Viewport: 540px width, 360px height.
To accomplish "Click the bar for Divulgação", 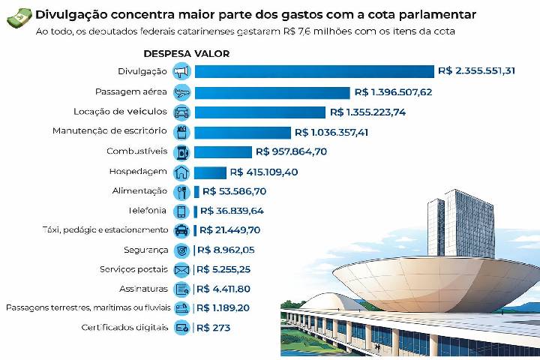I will pos(313,71).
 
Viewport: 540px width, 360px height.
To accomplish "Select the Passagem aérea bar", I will pos(271,92).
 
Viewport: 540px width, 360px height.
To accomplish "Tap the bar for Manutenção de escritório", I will pos(241,132).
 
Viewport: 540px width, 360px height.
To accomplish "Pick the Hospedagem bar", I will pos(210,172).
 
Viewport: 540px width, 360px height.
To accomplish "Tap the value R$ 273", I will pos(213,328).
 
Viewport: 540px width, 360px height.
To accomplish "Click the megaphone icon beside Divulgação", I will pos(181,72).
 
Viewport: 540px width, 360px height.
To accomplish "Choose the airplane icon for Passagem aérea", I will pos(181,92).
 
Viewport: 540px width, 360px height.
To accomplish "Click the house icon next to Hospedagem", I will pos(181,172).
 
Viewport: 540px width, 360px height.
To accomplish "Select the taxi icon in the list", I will pos(181,230).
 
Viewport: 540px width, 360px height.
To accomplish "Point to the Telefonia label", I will pos(147,211).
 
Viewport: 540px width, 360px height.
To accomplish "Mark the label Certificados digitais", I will pos(124,328).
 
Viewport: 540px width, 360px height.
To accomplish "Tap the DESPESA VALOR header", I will pos(186,54).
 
